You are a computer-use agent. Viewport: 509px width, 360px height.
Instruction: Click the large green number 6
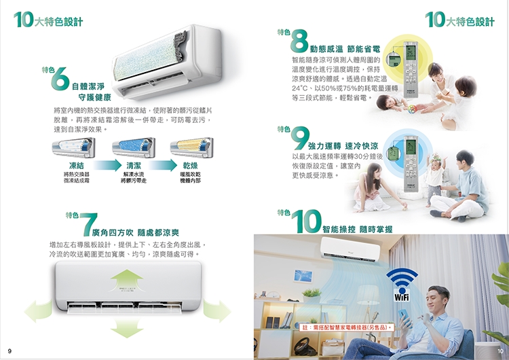(x=60, y=81)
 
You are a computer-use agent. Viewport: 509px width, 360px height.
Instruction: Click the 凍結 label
(x=77, y=165)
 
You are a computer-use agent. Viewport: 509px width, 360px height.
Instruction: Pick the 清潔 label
(x=134, y=165)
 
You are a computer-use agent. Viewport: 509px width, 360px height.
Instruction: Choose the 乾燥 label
(x=191, y=165)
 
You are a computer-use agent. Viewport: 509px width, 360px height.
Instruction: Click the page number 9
(x=9, y=350)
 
